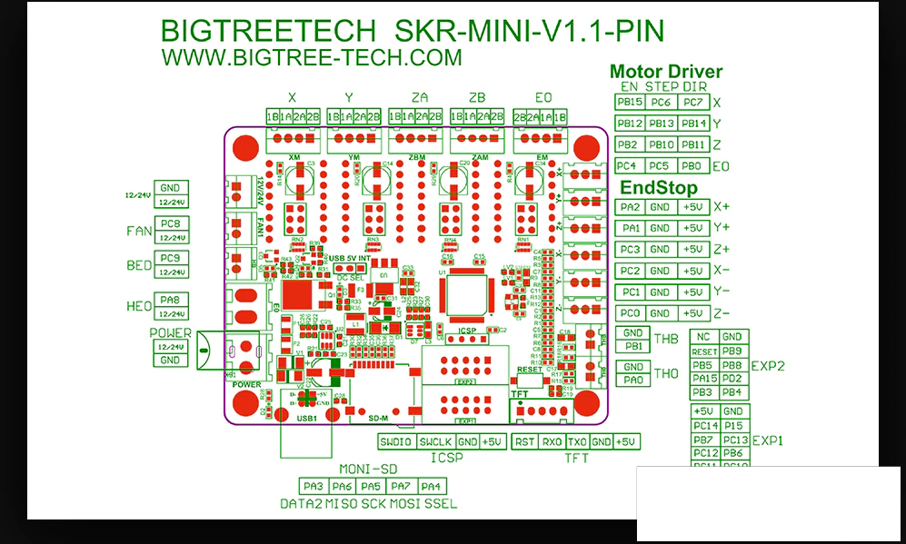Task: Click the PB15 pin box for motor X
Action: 629,103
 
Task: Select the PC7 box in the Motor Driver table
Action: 693,103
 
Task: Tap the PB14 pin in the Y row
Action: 693,124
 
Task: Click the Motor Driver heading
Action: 666,72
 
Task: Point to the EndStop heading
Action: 659,188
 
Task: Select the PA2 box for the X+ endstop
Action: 630,207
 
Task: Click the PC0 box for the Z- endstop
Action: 630,313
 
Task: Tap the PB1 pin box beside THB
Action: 633,346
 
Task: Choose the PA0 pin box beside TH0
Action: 633,380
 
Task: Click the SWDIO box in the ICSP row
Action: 396,441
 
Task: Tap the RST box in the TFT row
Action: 524,441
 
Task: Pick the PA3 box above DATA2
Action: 314,487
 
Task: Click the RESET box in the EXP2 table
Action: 704,351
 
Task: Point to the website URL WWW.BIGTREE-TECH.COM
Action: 312,57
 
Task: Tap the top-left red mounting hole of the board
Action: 245,147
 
